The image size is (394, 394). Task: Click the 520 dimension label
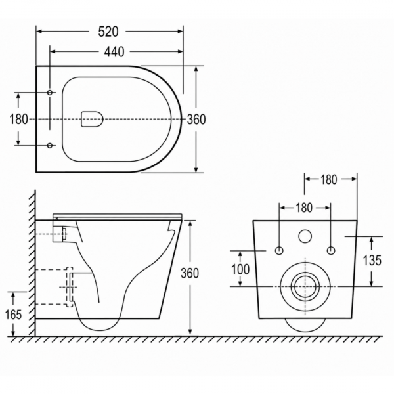[x=108, y=32]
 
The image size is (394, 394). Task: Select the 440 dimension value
[x=114, y=52]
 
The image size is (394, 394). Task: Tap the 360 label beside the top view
[x=196, y=120]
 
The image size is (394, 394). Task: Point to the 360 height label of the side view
[x=190, y=273]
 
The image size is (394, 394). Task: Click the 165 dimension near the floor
[x=14, y=315]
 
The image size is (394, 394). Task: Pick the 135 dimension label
[x=372, y=260]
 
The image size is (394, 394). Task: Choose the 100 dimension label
[x=240, y=269]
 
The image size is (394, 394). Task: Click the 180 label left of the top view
[x=18, y=119]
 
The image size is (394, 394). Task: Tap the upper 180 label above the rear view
[x=328, y=179]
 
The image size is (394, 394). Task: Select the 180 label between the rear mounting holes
[x=304, y=208]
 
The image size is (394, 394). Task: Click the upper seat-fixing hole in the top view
[x=50, y=93]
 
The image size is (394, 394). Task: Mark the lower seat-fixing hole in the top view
[x=50, y=146]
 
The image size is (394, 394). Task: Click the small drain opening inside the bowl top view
[x=92, y=119]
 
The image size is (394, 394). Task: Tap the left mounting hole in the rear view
[x=279, y=251]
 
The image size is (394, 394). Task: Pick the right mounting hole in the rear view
[x=331, y=251]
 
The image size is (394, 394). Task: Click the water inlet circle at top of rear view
[x=305, y=236]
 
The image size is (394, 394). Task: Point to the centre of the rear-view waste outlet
[x=305, y=287]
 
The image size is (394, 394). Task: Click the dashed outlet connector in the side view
[x=70, y=287]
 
